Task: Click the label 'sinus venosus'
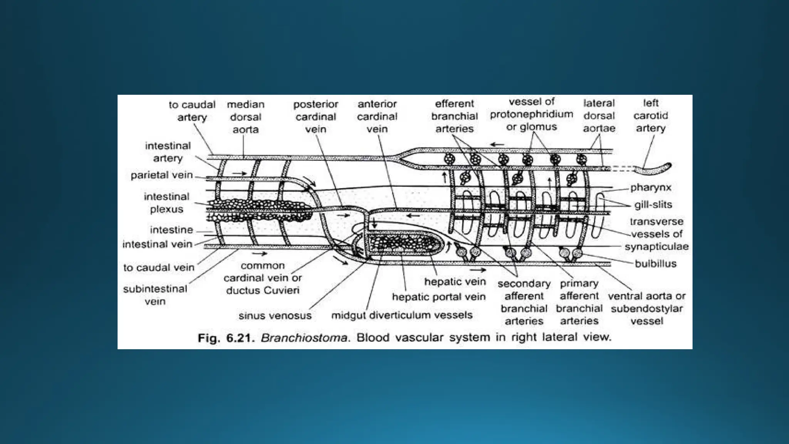(x=275, y=316)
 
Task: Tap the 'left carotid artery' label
(x=650, y=116)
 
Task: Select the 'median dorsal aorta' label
(x=245, y=117)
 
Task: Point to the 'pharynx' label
(x=651, y=188)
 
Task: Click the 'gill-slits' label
(x=653, y=205)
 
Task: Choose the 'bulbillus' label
(x=655, y=264)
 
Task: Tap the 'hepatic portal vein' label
(x=438, y=297)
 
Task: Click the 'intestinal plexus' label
(x=166, y=203)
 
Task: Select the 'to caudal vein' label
(x=159, y=267)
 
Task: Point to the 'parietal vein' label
(x=161, y=175)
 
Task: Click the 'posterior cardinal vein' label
(x=316, y=116)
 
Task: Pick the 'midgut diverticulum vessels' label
(x=402, y=315)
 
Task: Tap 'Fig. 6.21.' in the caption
(x=226, y=338)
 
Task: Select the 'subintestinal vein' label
(x=155, y=295)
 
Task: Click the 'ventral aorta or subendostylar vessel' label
(x=646, y=308)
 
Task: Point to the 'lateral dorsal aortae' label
(x=599, y=116)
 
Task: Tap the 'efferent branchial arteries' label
(x=454, y=116)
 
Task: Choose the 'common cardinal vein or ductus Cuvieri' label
(x=263, y=278)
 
